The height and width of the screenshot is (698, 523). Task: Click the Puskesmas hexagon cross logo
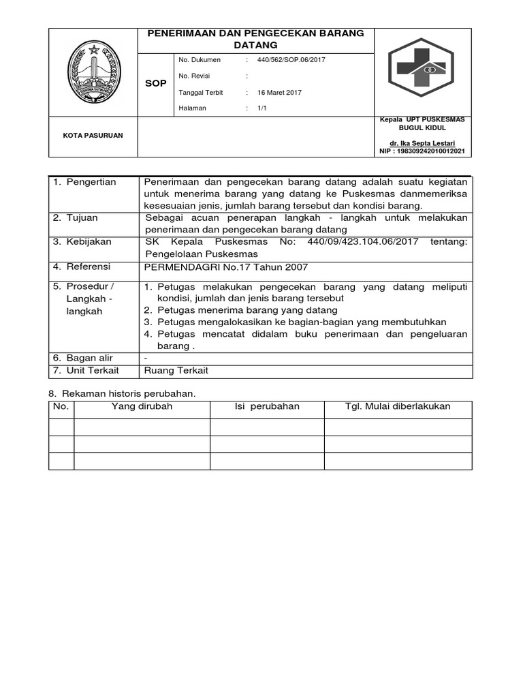(424, 71)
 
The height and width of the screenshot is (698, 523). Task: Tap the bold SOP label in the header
(156, 83)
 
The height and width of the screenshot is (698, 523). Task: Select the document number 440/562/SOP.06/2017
(291, 60)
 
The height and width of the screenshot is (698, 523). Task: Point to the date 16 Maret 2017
(279, 92)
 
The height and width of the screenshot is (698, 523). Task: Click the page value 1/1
(262, 108)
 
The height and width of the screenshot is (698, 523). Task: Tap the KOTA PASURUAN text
(93, 136)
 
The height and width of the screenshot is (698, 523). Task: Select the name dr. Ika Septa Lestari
(422, 143)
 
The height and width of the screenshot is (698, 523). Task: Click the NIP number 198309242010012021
(422, 151)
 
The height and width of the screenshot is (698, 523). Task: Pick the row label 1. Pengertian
(84, 182)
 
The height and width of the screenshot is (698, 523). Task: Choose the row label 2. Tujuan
(76, 218)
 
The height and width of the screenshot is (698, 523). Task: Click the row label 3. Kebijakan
(82, 242)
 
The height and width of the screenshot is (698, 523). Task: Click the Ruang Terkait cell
(176, 371)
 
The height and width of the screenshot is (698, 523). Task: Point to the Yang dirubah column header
(142, 407)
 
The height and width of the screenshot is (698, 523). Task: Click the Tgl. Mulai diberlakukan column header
(398, 407)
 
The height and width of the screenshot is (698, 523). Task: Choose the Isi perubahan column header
(266, 407)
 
